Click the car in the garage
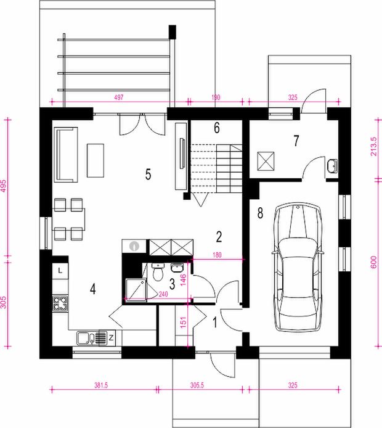tap(298, 267)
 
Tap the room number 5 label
tap(148, 174)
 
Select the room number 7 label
tap(296, 141)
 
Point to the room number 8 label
tap(261, 213)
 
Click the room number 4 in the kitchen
tap(92, 289)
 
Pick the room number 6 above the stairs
tap(217, 128)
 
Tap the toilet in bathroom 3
tap(158, 272)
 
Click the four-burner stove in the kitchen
tap(60, 303)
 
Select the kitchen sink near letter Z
tap(92, 338)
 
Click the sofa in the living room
tap(66, 155)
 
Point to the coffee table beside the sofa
tap(95, 160)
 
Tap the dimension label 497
tap(119, 97)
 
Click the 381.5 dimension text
tap(101, 385)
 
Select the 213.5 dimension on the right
tap(373, 147)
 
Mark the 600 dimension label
tap(373, 262)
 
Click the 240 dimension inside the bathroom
tap(163, 294)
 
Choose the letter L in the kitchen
tap(60, 271)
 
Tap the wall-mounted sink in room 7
tap(332, 166)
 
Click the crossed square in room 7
tap(266, 161)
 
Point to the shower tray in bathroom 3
tap(136, 290)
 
